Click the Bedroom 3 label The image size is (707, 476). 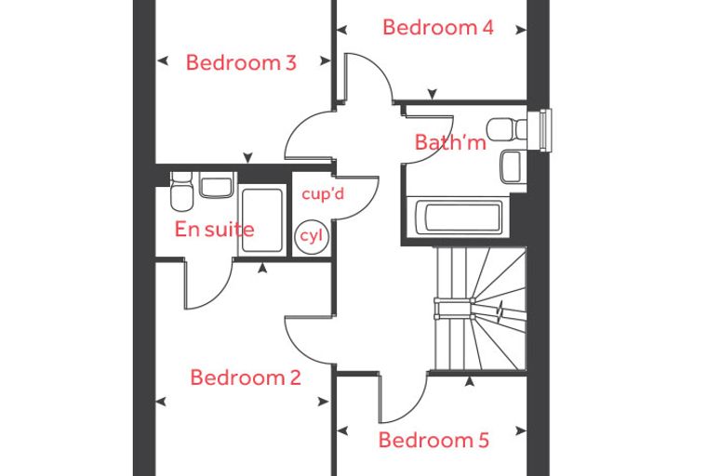(x=241, y=62)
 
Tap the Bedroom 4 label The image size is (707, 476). (x=438, y=27)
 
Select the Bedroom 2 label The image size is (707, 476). (x=246, y=377)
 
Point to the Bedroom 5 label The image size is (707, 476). (x=434, y=440)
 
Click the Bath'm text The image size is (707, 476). (x=450, y=142)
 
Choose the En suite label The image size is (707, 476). (x=214, y=229)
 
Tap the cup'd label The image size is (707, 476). (x=323, y=193)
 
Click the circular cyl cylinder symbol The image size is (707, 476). (x=312, y=236)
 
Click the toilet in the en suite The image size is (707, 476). (x=181, y=192)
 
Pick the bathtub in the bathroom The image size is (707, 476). (x=458, y=217)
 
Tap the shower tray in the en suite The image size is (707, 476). (x=262, y=220)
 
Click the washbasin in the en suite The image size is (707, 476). (x=217, y=185)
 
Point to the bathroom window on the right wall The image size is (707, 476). (x=546, y=130)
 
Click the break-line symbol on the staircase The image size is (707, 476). (x=500, y=312)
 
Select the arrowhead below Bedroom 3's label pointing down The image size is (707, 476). (x=247, y=158)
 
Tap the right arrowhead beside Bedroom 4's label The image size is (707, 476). (x=521, y=30)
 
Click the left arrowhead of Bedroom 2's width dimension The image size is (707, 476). (x=161, y=402)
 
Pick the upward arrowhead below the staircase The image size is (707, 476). (x=470, y=382)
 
